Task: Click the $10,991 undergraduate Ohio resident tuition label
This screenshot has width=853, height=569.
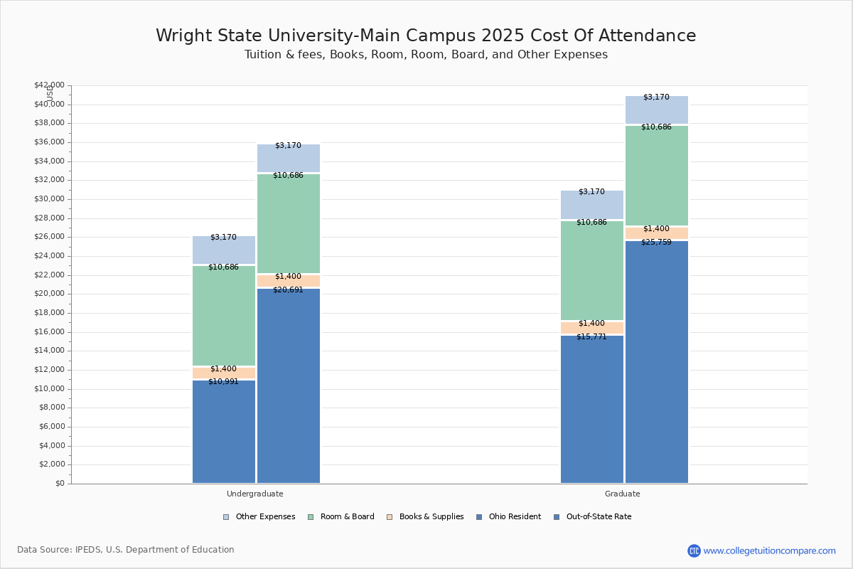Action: (x=223, y=382)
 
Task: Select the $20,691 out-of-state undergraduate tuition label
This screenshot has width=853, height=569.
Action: (x=288, y=290)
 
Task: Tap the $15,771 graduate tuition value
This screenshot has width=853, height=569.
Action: (x=591, y=337)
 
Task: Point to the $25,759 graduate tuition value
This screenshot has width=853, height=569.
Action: (x=656, y=243)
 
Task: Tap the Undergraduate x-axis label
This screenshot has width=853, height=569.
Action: (x=255, y=494)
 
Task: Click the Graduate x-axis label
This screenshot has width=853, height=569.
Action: (x=623, y=494)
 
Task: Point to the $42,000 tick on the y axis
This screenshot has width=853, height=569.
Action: (x=49, y=85)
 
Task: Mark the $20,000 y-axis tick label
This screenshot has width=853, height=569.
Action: (x=49, y=294)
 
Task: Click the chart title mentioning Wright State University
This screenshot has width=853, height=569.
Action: (x=426, y=36)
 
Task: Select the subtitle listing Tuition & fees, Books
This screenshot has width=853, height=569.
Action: (x=426, y=55)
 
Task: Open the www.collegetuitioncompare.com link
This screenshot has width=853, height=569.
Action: (x=769, y=551)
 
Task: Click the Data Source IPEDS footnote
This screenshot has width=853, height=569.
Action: (x=126, y=550)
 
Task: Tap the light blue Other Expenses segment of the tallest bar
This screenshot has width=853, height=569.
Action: (x=657, y=110)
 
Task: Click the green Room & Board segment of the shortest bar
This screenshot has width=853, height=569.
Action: (x=224, y=316)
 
